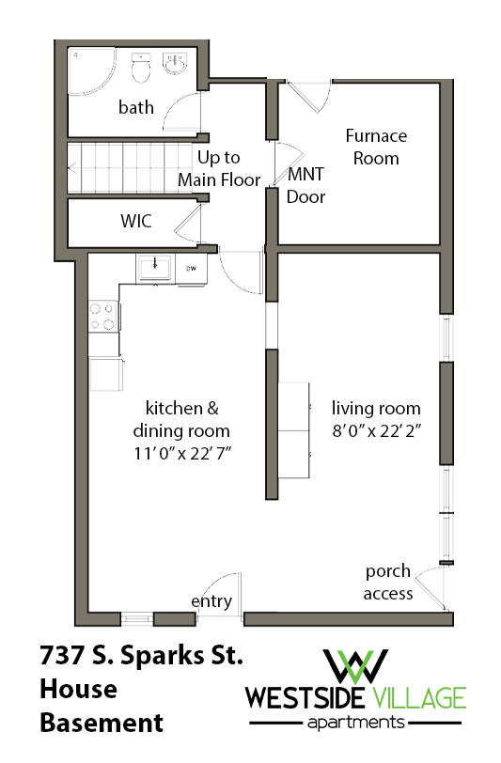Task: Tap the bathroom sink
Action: click(x=175, y=66)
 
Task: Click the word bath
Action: click(x=136, y=107)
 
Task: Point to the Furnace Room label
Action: click(x=376, y=147)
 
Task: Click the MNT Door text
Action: click(x=306, y=185)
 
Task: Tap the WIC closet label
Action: click(x=135, y=223)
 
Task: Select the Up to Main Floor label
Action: click(x=219, y=169)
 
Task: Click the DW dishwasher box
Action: click(x=191, y=269)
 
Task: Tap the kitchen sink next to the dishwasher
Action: click(x=154, y=269)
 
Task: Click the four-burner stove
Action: click(x=102, y=316)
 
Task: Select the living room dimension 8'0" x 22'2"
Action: click(x=376, y=432)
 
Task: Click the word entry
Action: click(x=211, y=601)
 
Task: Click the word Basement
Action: click(x=101, y=723)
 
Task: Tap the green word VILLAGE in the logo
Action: click(x=418, y=698)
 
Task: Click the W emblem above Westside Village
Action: click(x=356, y=665)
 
